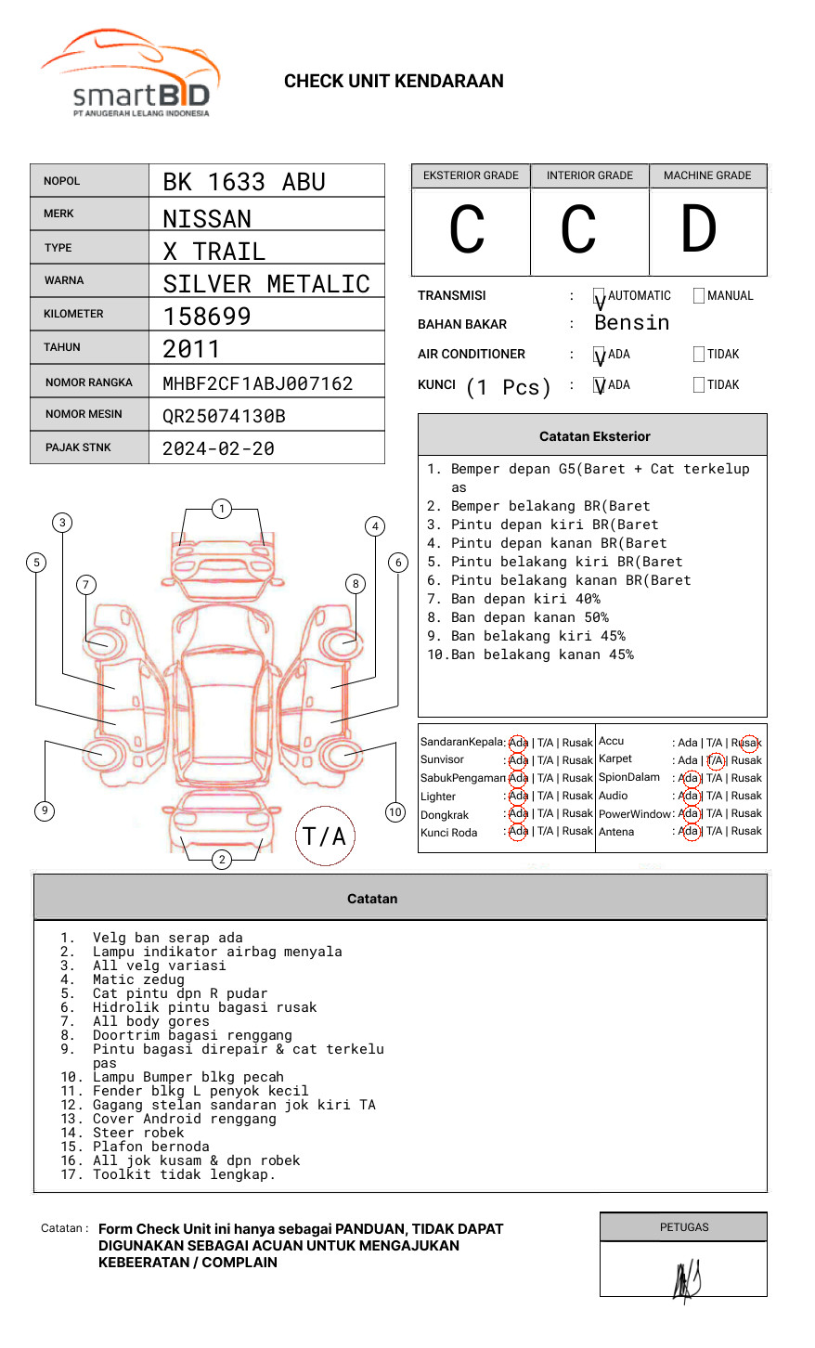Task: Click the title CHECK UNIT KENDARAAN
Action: (394, 82)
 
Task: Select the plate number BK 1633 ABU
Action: (244, 182)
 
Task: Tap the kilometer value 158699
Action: (207, 317)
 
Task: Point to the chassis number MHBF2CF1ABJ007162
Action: (257, 383)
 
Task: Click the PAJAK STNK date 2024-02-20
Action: (218, 448)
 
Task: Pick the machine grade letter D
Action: (699, 229)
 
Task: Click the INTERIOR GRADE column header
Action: (589, 175)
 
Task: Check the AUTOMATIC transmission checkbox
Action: (600, 296)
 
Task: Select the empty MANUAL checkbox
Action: (699, 296)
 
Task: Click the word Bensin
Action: (631, 323)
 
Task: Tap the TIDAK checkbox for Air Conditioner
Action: (699, 355)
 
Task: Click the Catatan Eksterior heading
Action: (594, 436)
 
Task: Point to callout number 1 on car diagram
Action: (222, 509)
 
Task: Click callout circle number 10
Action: (395, 812)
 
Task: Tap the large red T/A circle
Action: (325, 836)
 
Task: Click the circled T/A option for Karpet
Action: (715, 760)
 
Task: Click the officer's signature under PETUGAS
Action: (686, 1279)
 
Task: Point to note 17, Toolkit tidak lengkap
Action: (183, 1174)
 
